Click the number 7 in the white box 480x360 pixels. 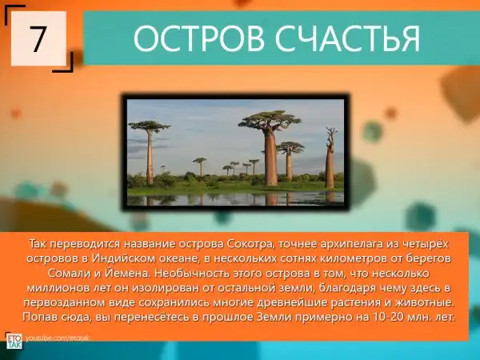[38, 38]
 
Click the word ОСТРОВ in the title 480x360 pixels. [199, 38]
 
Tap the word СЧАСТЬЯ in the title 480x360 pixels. [347, 38]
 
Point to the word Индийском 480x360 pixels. [123, 258]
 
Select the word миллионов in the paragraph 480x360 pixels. [55, 288]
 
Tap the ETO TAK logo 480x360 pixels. [14, 341]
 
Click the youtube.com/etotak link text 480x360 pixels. [58, 338]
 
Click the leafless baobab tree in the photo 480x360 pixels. [330, 158]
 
